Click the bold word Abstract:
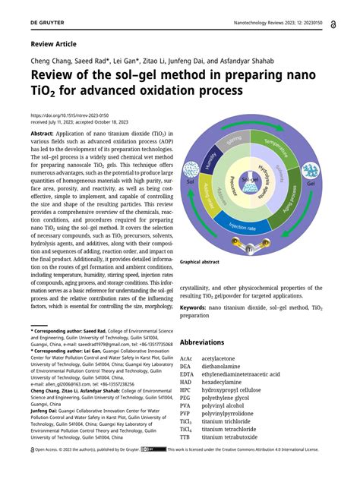[43, 133]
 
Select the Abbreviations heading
[207, 342]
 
